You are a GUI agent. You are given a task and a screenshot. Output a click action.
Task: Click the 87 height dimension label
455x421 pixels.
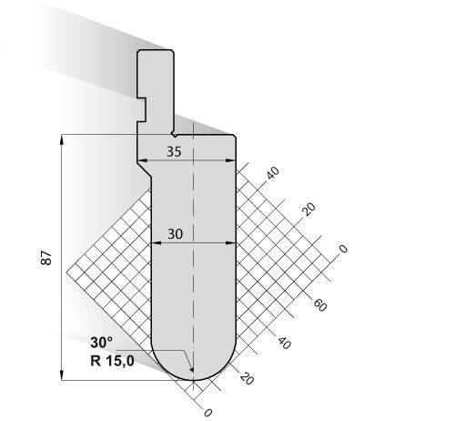(x=46, y=258)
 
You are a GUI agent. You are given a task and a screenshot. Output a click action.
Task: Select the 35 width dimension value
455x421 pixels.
(x=174, y=151)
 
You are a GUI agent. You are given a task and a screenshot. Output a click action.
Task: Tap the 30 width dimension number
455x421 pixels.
(x=176, y=234)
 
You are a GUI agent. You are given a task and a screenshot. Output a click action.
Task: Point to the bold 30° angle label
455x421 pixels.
(x=101, y=343)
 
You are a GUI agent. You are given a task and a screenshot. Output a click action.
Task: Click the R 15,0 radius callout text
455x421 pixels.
(x=112, y=361)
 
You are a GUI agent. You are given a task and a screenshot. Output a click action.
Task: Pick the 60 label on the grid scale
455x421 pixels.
(x=320, y=304)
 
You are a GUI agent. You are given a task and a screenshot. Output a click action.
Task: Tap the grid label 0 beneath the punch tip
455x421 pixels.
(x=207, y=413)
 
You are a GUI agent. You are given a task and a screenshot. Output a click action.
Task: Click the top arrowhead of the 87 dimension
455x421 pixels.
(x=62, y=139)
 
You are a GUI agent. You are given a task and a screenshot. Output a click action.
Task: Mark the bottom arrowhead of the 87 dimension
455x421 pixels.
(x=62, y=375)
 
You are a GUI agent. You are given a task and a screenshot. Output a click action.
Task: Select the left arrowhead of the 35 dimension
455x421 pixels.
(x=142, y=160)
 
